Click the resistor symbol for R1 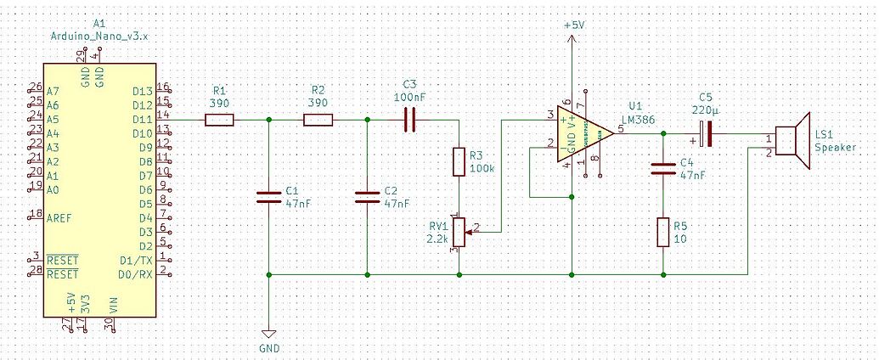219,120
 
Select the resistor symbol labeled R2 318,120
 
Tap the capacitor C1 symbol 269,197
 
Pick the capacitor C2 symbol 367,197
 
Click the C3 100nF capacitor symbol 409,120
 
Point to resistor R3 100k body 459,161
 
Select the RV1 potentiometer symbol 459,229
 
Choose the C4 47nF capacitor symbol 662,169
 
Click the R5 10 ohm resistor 662,232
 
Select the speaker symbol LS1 795,141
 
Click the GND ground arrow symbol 269,335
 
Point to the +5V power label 574,25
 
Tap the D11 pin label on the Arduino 143,120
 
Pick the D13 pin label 143,91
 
